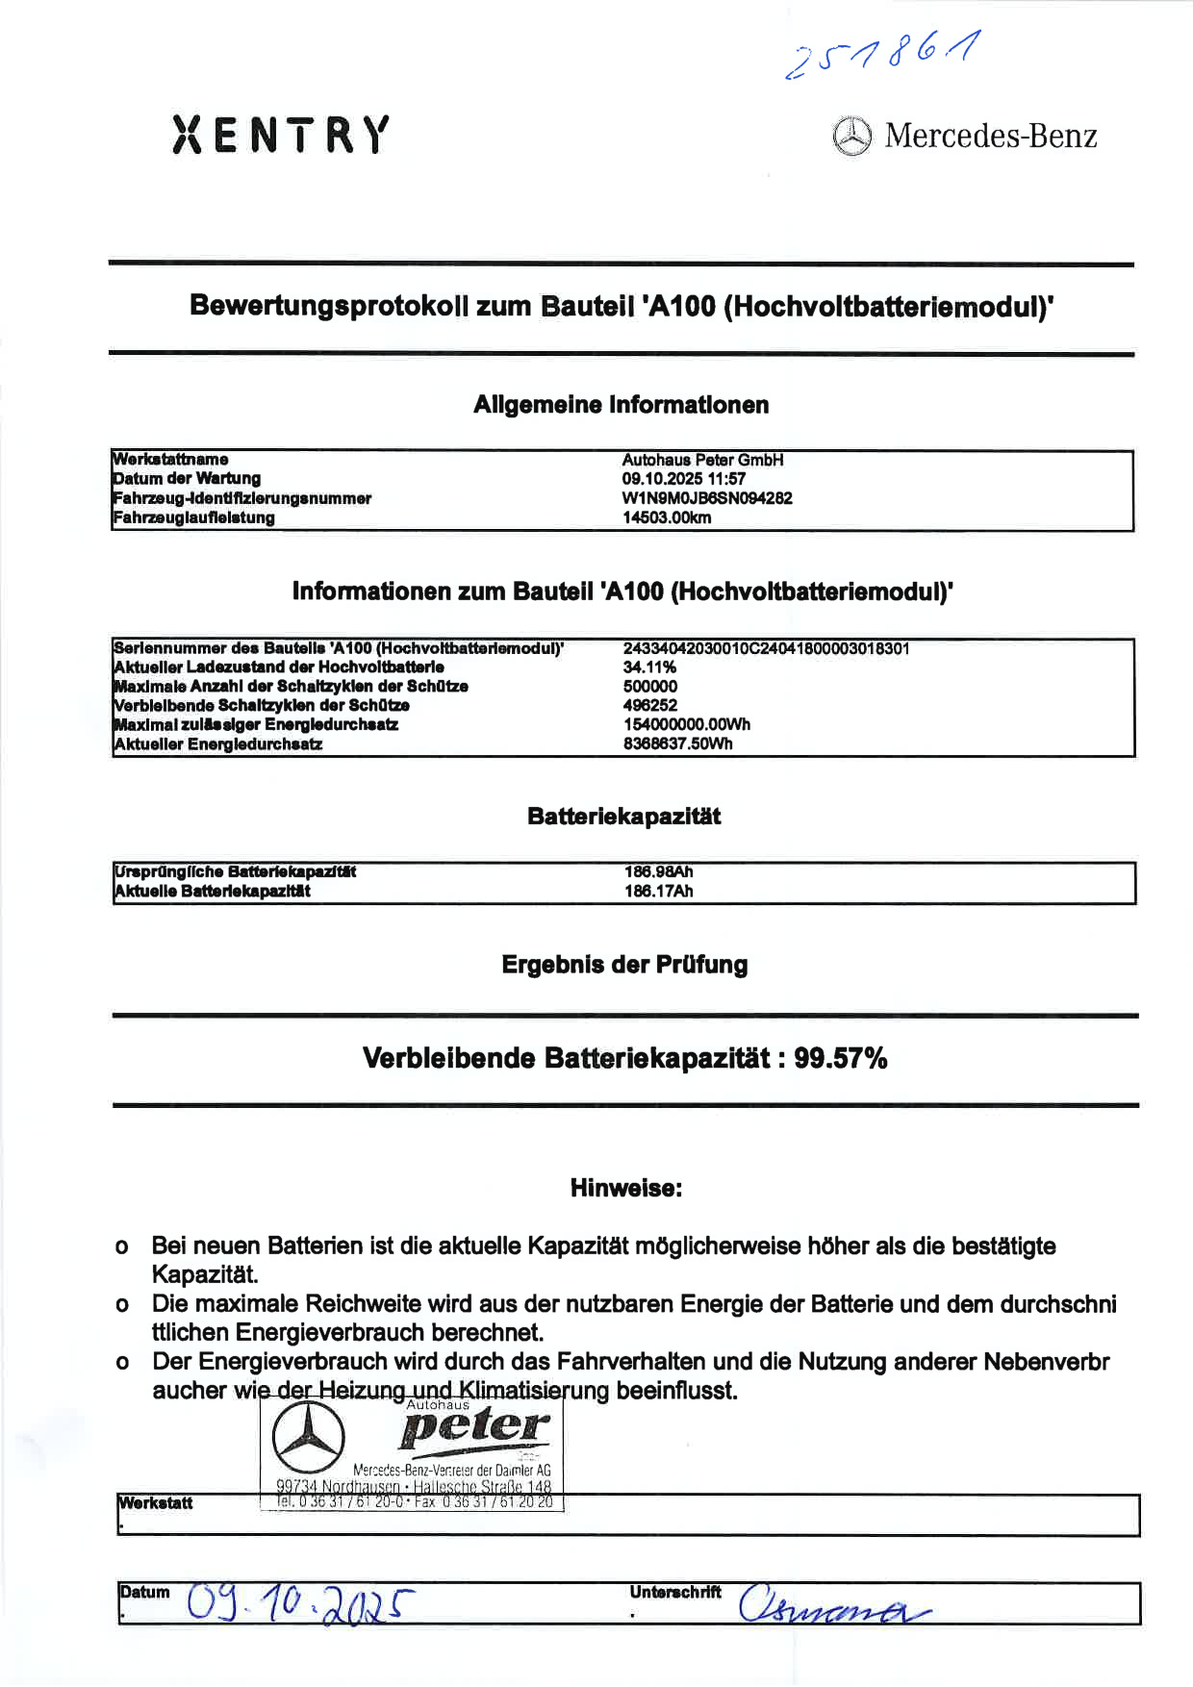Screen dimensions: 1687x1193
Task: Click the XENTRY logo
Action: [281, 135]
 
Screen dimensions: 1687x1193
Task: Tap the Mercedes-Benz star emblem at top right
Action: [851, 137]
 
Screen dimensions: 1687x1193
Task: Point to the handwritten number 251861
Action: [883, 54]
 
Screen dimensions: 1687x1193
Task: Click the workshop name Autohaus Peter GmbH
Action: [702, 460]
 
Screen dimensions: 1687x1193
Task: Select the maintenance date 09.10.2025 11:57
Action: [683, 479]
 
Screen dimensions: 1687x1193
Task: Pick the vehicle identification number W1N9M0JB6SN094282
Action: [707, 498]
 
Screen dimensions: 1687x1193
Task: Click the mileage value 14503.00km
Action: [667, 517]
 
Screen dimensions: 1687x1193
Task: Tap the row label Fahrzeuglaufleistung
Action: [193, 517]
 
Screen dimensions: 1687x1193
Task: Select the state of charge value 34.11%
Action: [649, 667]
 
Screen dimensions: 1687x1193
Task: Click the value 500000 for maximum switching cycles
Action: [650, 687]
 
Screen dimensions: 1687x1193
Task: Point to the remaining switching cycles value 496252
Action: [650, 706]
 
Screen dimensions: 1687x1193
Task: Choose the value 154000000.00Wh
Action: [687, 725]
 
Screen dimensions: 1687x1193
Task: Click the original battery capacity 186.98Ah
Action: [658, 872]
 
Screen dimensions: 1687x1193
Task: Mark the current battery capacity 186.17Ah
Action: [658, 892]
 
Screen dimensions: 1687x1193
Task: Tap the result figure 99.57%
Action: [841, 1059]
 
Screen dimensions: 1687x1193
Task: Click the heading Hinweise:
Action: [626, 1189]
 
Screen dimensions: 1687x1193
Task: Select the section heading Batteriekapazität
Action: [623, 818]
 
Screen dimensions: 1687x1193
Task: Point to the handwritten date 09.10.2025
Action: [300, 1603]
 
